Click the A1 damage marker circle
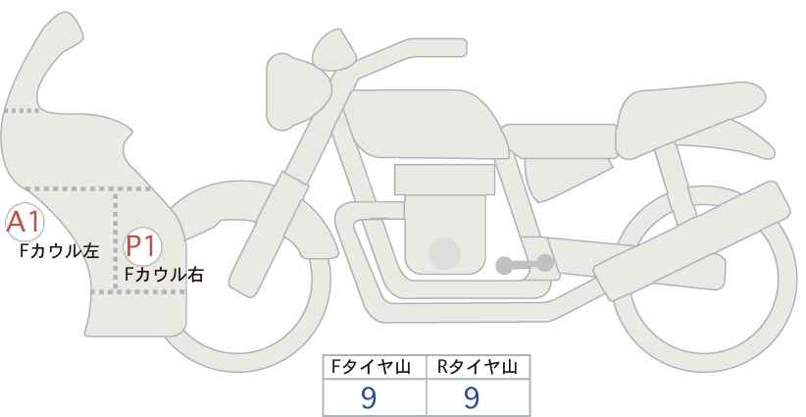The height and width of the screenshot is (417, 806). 23,224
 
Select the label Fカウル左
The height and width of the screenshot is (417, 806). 60,251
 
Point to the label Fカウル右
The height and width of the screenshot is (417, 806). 164,275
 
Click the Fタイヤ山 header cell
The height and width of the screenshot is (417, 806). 375,367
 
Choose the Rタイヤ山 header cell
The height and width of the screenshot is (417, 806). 478,367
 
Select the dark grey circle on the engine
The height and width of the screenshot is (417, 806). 446,254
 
